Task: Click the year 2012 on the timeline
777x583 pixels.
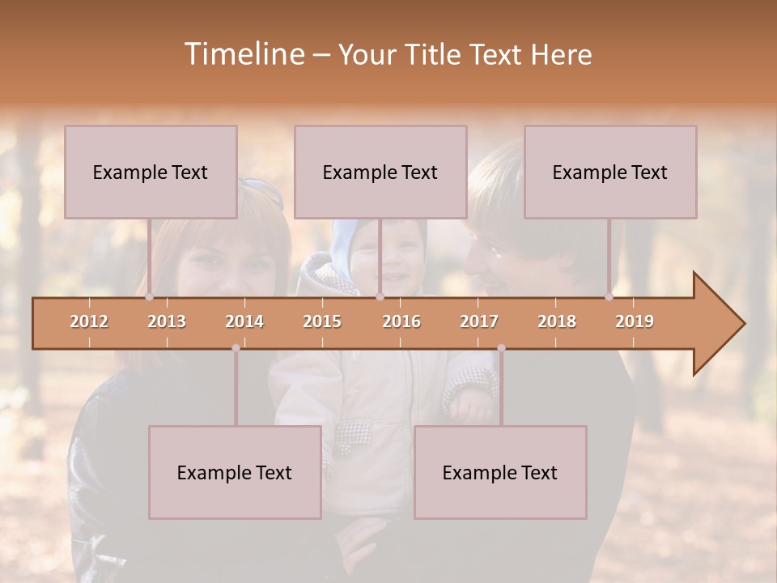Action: pyautogui.click(x=89, y=321)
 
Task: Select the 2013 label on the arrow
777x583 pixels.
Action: pyautogui.click(x=167, y=321)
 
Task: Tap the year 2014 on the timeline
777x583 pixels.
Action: pyautogui.click(x=244, y=321)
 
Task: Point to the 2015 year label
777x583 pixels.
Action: pyautogui.click(x=322, y=321)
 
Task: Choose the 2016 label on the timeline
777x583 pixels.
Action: pyautogui.click(x=401, y=321)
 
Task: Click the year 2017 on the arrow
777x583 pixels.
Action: pyautogui.click(x=479, y=321)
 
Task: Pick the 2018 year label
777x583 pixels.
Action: pyautogui.click(x=557, y=321)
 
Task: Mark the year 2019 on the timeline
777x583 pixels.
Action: pyautogui.click(x=635, y=321)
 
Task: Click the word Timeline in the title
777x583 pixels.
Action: pyautogui.click(x=243, y=54)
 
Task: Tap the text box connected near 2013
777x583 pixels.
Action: pyautogui.click(x=151, y=172)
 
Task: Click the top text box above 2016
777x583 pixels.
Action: pyautogui.click(x=380, y=172)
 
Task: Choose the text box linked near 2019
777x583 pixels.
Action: pyautogui.click(x=610, y=172)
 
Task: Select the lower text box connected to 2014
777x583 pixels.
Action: pyautogui.click(x=235, y=472)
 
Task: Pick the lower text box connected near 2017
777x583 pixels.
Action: pyautogui.click(x=500, y=472)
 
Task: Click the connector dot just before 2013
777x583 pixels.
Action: pyautogui.click(x=149, y=297)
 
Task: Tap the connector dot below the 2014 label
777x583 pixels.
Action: pyautogui.click(x=236, y=348)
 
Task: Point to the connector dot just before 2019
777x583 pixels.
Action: pyautogui.click(x=609, y=297)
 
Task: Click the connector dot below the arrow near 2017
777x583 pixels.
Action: pyautogui.click(x=501, y=348)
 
